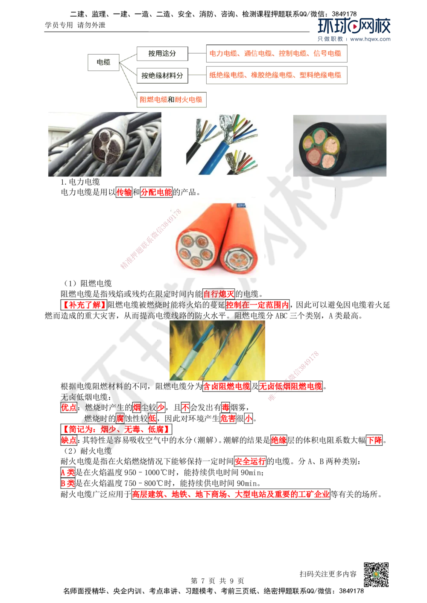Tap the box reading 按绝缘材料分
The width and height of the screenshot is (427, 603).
pyautogui.click(x=162, y=76)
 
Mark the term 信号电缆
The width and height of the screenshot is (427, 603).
pyautogui.click(x=328, y=54)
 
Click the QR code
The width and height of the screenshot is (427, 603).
pyautogui.click(x=376, y=574)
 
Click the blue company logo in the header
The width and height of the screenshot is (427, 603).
pyautogui.click(x=355, y=30)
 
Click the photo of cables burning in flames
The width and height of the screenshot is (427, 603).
pyautogui.click(x=217, y=350)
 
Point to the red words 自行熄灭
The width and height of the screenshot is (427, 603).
pyautogui.click(x=218, y=294)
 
